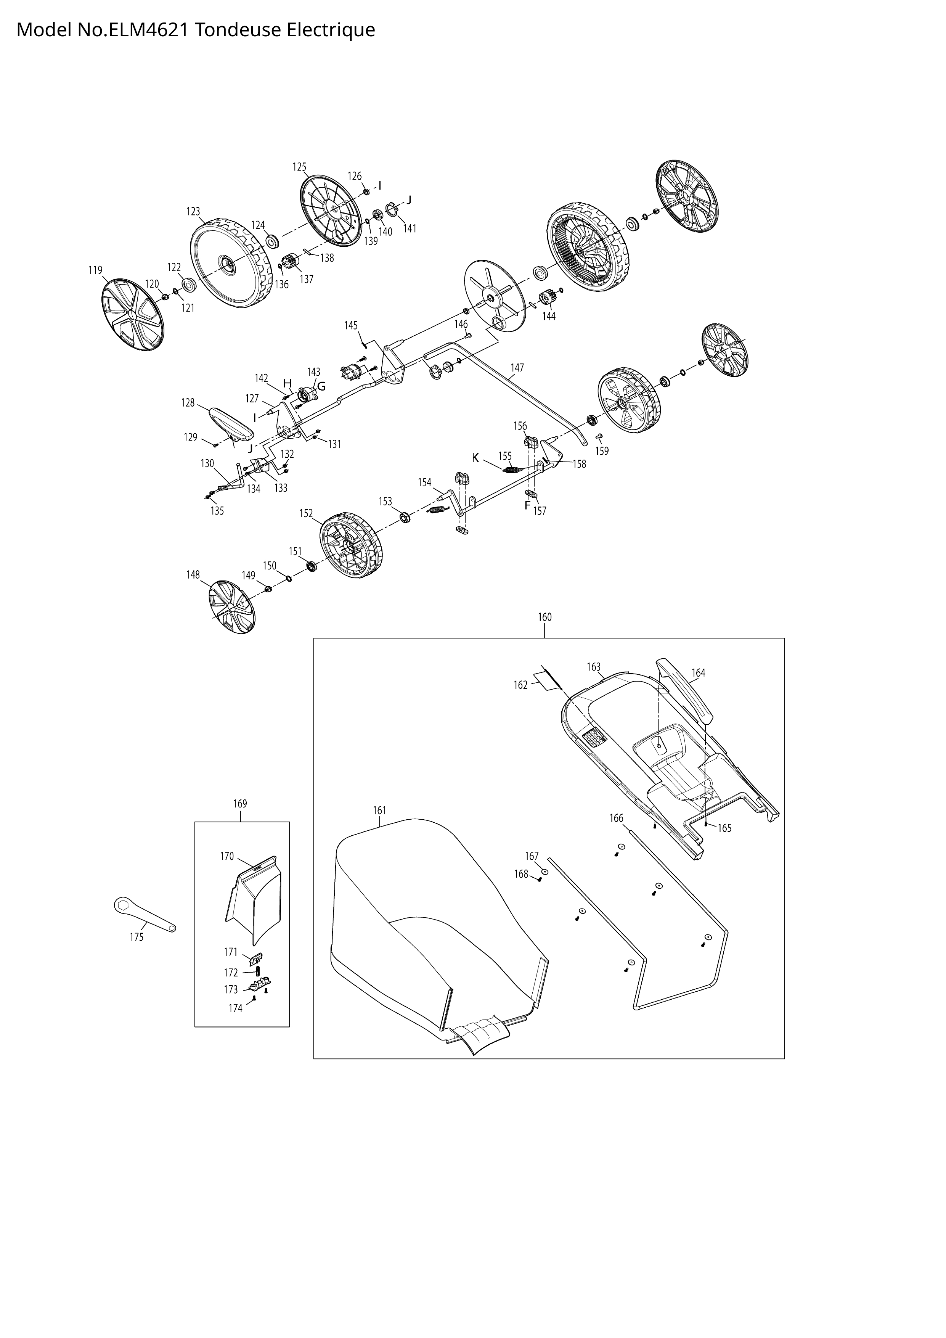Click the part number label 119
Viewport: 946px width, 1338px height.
tap(96, 270)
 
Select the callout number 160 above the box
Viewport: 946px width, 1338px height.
tap(544, 617)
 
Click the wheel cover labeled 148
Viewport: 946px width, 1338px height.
tap(231, 607)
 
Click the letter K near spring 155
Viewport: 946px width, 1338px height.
tap(475, 458)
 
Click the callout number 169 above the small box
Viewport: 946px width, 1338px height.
tap(240, 804)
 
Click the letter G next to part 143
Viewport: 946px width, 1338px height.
tap(321, 386)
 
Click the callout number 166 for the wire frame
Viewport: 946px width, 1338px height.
tap(616, 818)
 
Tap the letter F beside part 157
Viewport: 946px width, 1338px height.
tap(527, 505)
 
